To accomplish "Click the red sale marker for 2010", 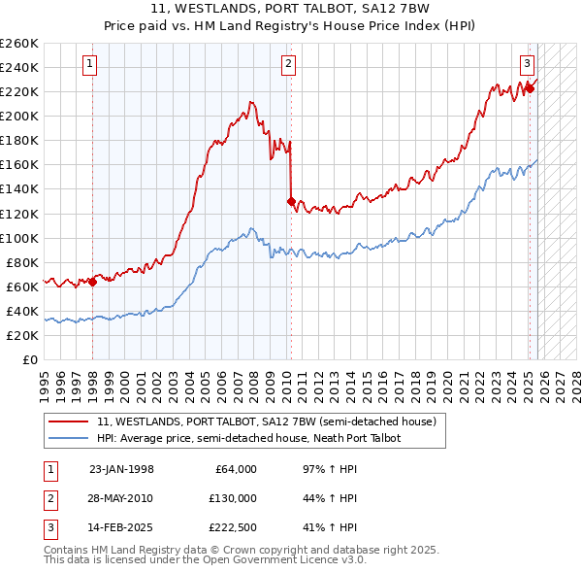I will [x=291, y=201].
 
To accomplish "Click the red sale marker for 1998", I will [x=92, y=282].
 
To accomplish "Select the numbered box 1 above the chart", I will [x=88, y=65].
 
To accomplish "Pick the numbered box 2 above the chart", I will [x=289, y=65].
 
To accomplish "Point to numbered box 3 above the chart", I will [x=527, y=65].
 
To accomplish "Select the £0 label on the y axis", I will [x=30, y=359].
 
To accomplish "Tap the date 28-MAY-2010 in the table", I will [x=121, y=498].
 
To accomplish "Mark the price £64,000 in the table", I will [x=234, y=469].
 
